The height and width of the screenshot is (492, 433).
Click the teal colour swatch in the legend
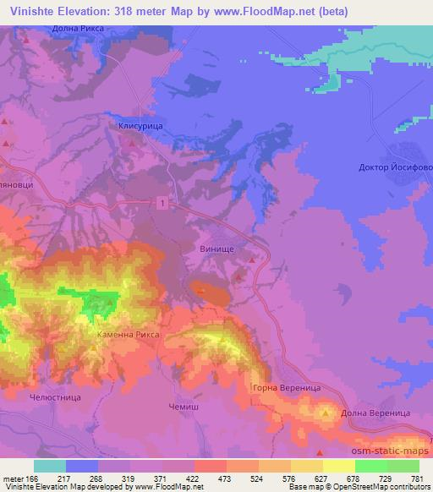pos(50,466)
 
